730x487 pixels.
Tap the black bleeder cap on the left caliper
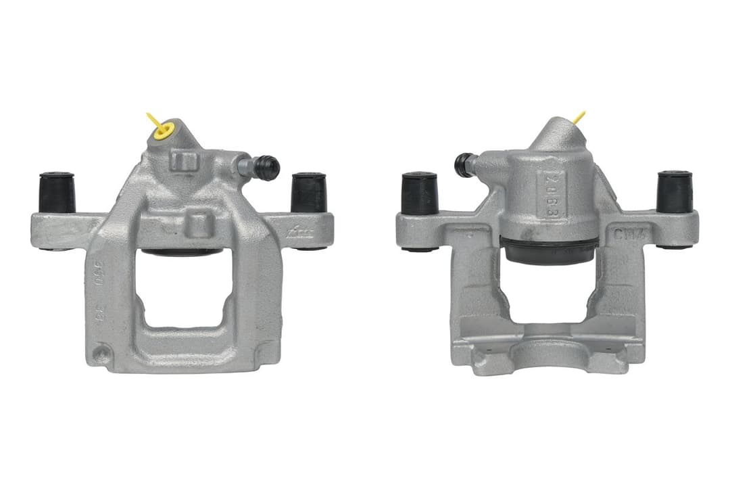tap(267, 167)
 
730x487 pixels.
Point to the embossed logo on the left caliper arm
tap(301, 232)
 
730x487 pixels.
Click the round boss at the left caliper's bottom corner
tap(101, 353)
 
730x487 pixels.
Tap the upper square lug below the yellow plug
tap(183, 161)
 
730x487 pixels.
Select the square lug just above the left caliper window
tap(199, 223)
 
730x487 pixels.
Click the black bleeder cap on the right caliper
tap(464, 164)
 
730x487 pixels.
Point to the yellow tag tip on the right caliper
tap(579, 117)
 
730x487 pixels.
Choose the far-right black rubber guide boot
tap(674, 192)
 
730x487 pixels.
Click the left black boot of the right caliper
tap(420, 193)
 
